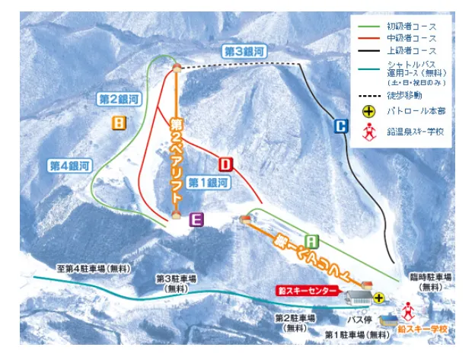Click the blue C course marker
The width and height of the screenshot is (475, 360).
click(x=340, y=127)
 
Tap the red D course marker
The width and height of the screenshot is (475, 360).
click(x=226, y=164)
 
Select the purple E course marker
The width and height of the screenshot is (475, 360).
click(x=196, y=220)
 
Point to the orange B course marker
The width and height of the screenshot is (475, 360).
click(x=119, y=123)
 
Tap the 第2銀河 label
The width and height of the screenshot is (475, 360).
click(x=118, y=99)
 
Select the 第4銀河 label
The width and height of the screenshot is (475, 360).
click(x=70, y=165)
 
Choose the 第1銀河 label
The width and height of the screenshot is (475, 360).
click(x=209, y=183)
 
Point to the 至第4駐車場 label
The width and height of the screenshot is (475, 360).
click(x=94, y=269)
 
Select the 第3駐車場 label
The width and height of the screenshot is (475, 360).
click(x=178, y=283)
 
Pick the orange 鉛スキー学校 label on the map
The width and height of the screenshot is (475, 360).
click(x=422, y=329)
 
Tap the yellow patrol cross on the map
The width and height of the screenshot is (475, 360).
click(x=378, y=299)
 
